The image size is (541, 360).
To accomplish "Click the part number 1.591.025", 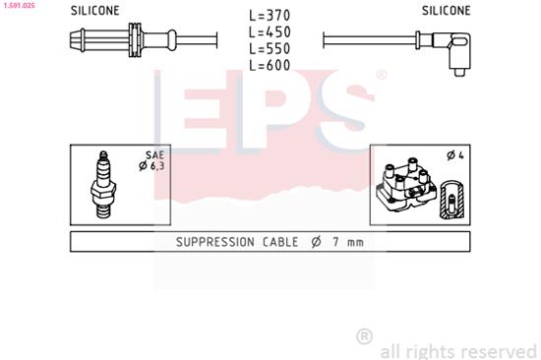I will (19, 5).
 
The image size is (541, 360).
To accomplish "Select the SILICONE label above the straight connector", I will (95, 11).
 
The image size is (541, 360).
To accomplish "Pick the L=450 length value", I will (270, 31).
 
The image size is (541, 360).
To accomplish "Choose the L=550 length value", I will (270, 48).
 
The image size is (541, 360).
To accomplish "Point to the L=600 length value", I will (270, 65).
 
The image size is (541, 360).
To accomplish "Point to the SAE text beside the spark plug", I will (155, 155).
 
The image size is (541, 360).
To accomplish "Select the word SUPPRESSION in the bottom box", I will (217, 242).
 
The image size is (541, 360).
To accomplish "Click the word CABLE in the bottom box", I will (285, 242).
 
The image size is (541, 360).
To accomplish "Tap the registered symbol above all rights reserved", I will (364, 336).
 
